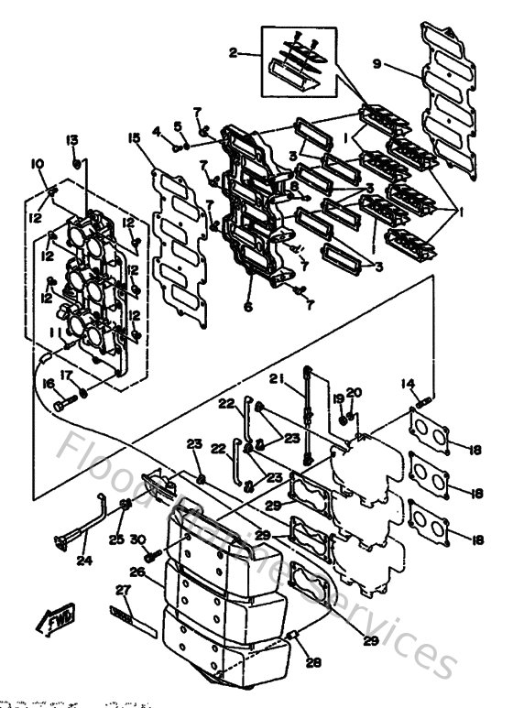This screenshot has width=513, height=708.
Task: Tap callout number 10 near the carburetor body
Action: [x=38, y=164]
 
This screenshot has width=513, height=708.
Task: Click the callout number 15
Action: [x=134, y=138]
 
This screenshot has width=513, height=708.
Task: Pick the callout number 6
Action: [x=247, y=308]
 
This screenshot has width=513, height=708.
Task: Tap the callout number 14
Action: [x=408, y=384]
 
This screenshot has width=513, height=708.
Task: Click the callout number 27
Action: [x=123, y=590]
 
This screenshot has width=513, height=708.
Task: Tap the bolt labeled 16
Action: [x=62, y=402]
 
